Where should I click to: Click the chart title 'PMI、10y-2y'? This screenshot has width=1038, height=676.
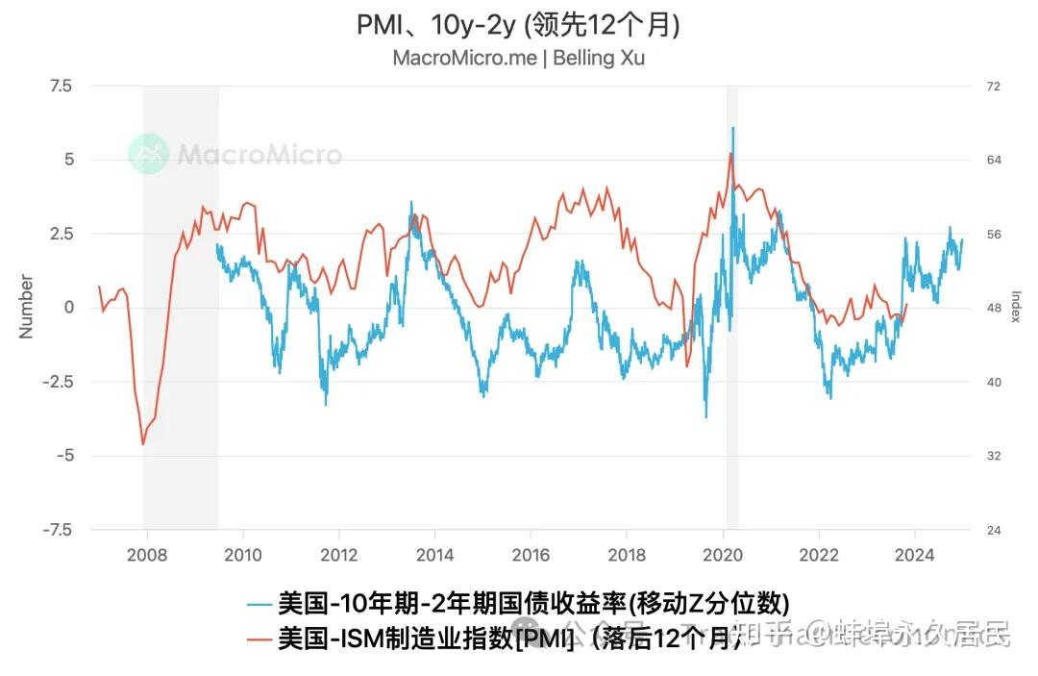(x=518, y=24)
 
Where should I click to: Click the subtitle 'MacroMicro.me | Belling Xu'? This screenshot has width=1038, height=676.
(x=518, y=58)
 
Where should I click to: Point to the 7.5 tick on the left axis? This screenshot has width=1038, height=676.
(x=60, y=86)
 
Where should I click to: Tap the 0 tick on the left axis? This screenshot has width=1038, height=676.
(x=67, y=308)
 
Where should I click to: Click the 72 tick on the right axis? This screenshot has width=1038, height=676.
(x=994, y=87)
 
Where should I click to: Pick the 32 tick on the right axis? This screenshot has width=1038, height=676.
(x=994, y=456)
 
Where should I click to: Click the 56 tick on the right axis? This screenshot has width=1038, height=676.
(x=994, y=235)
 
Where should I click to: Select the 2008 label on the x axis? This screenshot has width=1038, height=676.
(x=147, y=555)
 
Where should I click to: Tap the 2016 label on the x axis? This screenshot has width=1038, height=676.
(x=531, y=555)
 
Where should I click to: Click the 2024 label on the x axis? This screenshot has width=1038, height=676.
(x=914, y=555)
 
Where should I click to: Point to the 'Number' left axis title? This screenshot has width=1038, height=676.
(x=26, y=307)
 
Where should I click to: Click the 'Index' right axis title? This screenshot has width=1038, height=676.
(x=1016, y=307)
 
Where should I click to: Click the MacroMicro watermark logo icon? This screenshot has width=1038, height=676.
(x=149, y=155)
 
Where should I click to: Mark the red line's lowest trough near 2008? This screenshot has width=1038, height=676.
(x=143, y=444)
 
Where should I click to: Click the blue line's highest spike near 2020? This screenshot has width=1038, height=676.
(x=732, y=127)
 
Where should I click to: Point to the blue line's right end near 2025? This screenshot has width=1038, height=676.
(x=962, y=239)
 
